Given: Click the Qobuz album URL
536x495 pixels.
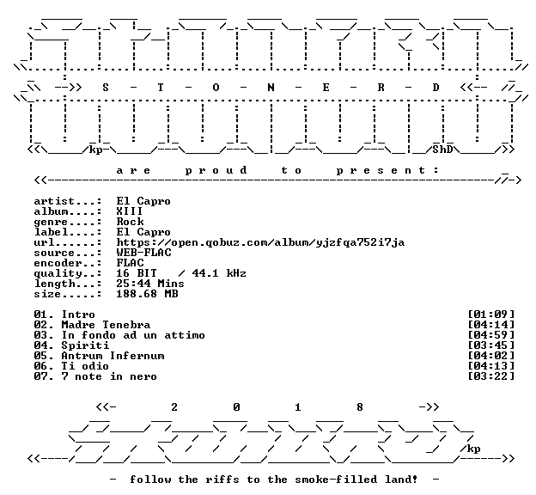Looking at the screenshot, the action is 260,243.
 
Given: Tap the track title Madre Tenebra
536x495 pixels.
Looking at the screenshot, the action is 106,325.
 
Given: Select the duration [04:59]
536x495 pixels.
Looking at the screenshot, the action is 490,335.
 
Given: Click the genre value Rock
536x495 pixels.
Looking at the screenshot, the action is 130,222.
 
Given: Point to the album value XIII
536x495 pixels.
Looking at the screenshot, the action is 130,211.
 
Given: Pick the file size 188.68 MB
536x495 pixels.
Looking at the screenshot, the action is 148,294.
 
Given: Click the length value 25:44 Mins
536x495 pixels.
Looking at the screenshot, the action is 150,284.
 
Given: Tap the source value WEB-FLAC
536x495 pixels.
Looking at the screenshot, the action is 144,253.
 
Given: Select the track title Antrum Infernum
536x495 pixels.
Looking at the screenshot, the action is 113,356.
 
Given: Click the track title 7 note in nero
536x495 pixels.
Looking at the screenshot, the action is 109,376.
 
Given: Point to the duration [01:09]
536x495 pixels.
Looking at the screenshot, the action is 490,315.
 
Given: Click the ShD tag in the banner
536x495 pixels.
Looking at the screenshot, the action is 442,150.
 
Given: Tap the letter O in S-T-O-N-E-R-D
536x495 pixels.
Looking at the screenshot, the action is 216,88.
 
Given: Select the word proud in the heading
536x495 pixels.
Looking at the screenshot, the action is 216,171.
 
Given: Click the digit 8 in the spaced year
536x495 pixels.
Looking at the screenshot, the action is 360,407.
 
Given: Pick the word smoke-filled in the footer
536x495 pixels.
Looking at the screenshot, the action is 336,480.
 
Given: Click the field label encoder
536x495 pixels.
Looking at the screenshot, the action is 58,264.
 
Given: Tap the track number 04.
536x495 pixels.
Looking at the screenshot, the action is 41,345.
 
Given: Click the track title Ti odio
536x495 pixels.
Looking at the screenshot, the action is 85,366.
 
